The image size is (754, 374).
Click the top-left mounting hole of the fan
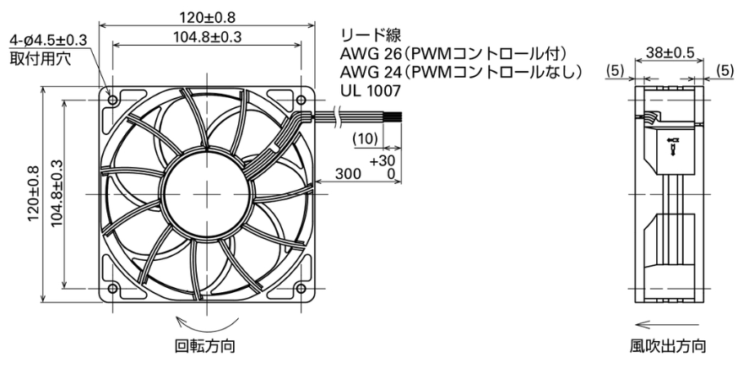(x=112, y=100)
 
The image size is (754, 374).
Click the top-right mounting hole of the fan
(x=301, y=100)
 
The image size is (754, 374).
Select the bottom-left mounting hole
(x=112, y=289)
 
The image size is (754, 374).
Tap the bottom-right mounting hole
(x=301, y=289)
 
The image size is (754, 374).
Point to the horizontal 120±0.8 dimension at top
(x=207, y=17)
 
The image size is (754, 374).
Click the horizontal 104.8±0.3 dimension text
(x=207, y=37)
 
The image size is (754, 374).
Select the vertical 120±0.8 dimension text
(x=33, y=193)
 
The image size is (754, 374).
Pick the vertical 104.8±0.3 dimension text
(x=57, y=193)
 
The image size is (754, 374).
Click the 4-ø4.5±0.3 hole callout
(x=48, y=40)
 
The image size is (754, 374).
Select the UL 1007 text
(x=371, y=89)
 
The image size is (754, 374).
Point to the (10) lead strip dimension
(x=366, y=138)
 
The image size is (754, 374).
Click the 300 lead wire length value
(x=348, y=174)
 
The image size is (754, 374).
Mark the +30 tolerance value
(x=382, y=161)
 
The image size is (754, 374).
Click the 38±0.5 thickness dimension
(x=670, y=53)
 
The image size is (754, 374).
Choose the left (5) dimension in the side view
(x=614, y=71)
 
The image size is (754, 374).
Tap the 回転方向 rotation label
(x=205, y=345)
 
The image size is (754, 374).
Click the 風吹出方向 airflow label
(x=668, y=345)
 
